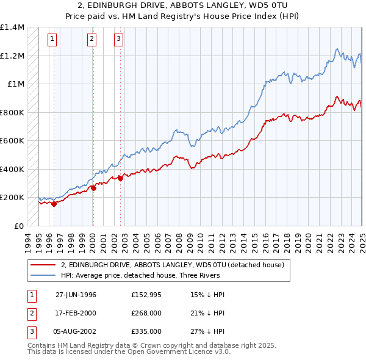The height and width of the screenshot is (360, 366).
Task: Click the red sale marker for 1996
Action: (x=54, y=204)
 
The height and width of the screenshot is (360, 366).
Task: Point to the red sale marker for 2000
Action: (x=93, y=189)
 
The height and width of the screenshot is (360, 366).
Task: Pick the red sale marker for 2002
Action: (x=120, y=178)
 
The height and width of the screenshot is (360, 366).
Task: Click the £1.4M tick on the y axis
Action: (x=12, y=27)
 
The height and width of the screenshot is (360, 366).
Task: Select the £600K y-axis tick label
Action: (x=12, y=140)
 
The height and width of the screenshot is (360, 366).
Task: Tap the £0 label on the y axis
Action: (x=18, y=226)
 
